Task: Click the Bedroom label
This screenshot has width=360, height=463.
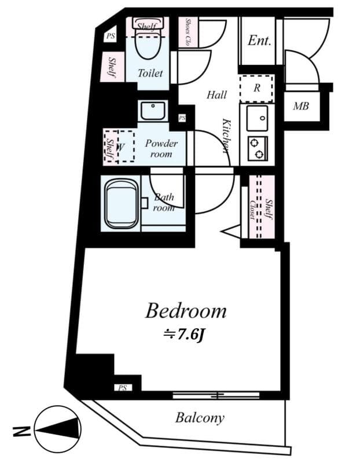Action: [185, 311]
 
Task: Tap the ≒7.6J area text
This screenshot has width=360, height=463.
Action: [185, 335]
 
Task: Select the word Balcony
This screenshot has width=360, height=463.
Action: [200, 417]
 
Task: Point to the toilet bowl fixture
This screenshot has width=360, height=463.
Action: [148, 44]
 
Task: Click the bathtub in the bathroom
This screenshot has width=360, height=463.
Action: [122, 204]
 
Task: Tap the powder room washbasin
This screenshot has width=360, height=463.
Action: [152, 109]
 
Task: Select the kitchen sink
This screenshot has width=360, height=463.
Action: [256, 118]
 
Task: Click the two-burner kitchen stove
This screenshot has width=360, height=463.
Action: [257, 148]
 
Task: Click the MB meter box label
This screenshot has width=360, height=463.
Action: [301, 107]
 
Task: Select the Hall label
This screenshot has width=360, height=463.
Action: [217, 95]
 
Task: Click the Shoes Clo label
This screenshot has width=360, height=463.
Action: [189, 32]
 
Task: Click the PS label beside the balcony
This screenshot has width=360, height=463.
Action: [122, 388]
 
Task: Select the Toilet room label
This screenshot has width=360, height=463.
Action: [150, 74]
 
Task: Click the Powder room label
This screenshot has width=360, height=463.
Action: [161, 149]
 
